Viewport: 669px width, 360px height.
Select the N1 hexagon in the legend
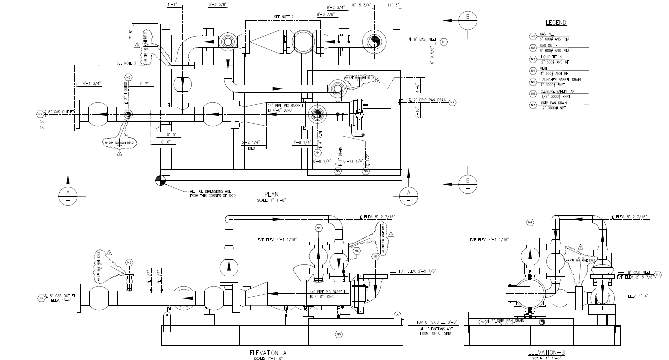tap(533, 36)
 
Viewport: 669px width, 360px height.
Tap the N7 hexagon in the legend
tap(533, 105)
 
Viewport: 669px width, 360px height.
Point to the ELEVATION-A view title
tap(268, 353)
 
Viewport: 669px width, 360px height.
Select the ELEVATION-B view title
tap(547, 353)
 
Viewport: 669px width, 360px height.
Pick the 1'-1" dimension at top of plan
tap(174, 5)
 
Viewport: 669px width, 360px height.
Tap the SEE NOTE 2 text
tap(284, 17)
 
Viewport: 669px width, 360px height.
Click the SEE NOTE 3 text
tap(126, 63)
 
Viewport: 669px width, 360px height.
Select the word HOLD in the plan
tap(251, 148)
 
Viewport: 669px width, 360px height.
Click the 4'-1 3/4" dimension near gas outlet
tap(91, 83)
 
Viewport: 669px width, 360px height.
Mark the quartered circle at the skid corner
tap(159, 180)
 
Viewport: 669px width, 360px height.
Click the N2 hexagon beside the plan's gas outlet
tap(40, 114)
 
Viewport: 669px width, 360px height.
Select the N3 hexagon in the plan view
tap(128, 78)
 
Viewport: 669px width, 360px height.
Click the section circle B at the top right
tap(468, 21)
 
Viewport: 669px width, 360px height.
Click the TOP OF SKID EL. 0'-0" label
tap(437, 323)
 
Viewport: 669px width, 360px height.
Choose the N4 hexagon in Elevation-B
tap(530, 222)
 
